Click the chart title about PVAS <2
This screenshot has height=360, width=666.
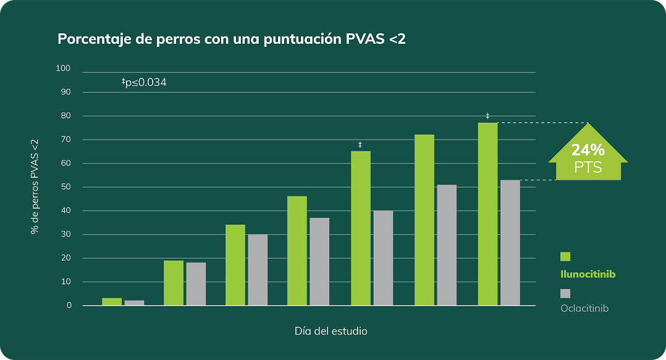(x=232, y=40)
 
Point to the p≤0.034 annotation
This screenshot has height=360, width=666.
(x=144, y=82)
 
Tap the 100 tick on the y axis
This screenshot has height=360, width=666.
(x=64, y=69)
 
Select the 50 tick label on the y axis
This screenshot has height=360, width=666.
(x=65, y=187)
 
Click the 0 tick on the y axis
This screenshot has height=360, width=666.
(x=69, y=306)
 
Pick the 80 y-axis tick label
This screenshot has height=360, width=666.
(x=65, y=116)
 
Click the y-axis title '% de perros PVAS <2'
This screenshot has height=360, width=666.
(x=35, y=186)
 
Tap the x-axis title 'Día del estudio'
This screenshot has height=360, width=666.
(x=331, y=332)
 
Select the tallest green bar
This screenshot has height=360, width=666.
(x=487, y=214)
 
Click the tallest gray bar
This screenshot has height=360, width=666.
(x=510, y=243)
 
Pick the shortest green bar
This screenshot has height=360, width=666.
(x=112, y=302)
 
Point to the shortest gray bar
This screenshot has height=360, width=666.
(x=134, y=303)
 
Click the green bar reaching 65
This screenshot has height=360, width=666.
(x=361, y=228)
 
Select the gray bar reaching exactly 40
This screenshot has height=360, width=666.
(x=383, y=258)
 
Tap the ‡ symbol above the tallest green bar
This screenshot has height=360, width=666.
(x=487, y=116)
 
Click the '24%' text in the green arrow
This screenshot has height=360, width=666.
(x=588, y=150)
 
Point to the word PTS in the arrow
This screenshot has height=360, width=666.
(x=588, y=167)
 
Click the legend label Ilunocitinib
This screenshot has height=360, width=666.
(x=588, y=274)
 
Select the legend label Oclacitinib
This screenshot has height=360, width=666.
(x=584, y=308)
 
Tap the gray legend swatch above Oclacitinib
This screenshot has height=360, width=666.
(x=565, y=293)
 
